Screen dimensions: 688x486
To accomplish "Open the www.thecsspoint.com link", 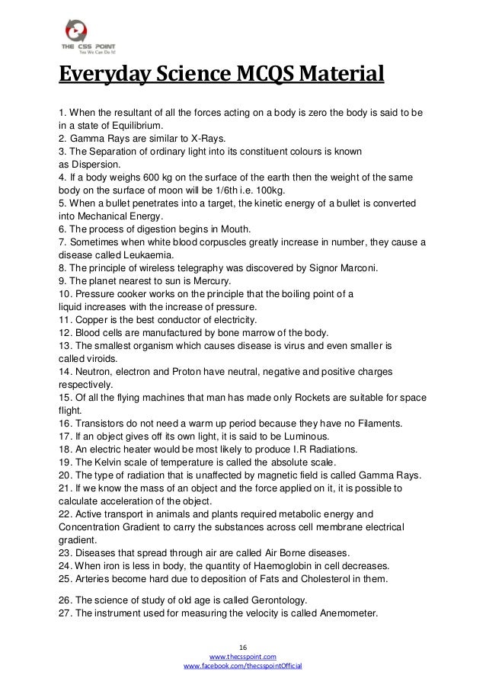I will [x=243, y=655].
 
